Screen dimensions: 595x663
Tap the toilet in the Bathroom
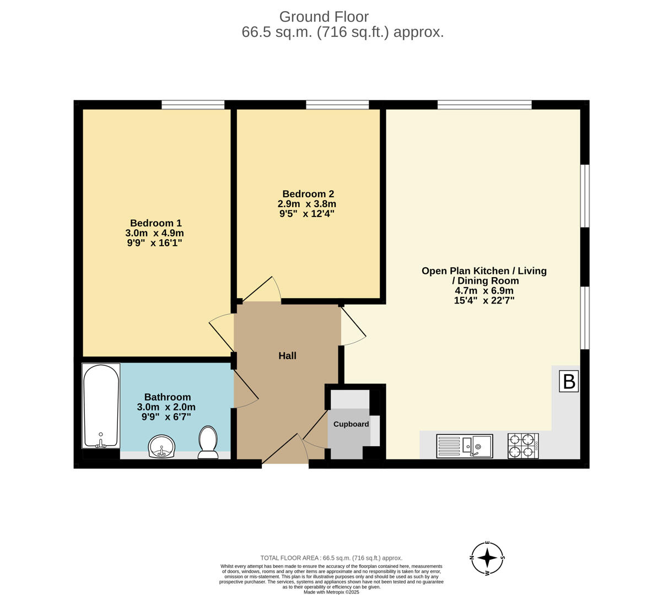(x=208, y=442)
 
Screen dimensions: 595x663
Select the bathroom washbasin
(x=161, y=446)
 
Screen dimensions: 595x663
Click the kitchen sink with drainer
(x=464, y=446)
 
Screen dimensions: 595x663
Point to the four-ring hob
(x=522, y=446)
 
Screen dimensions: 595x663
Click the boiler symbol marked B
(x=569, y=381)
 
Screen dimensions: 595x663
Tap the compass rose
(x=487, y=558)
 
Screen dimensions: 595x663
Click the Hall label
(x=287, y=356)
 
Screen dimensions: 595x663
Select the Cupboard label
(x=351, y=424)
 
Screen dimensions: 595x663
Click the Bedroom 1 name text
(x=155, y=223)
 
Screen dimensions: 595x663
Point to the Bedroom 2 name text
(x=308, y=194)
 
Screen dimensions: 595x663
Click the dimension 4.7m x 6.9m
(x=483, y=291)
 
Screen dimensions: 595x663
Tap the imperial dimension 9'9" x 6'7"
(x=166, y=417)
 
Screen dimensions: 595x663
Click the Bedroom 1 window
(x=193, y=105)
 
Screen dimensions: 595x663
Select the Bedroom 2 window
(x=337, y=105)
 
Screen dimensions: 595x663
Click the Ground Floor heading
(x=324, y=17)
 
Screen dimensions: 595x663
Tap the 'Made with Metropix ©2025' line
(x=331, y=592)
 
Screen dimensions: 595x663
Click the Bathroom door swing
(x=246, y=390)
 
